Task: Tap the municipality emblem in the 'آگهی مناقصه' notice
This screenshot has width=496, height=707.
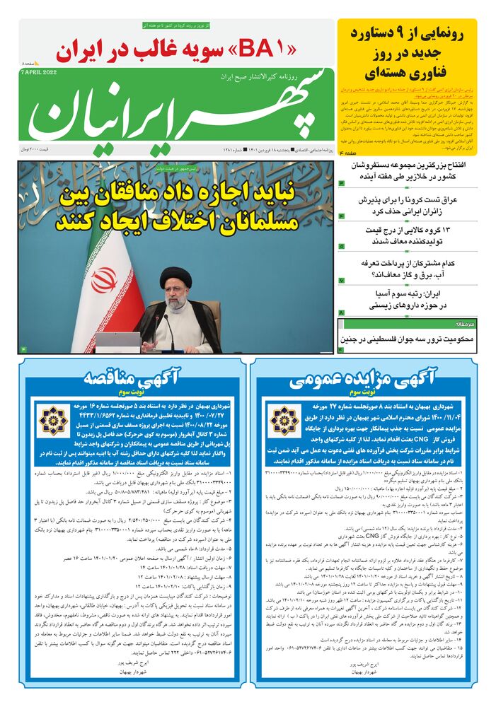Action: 54,419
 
